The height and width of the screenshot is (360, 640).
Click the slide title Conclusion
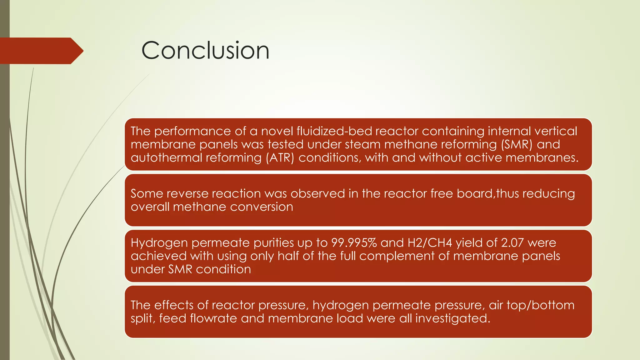205,51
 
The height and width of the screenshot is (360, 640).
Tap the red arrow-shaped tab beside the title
41,51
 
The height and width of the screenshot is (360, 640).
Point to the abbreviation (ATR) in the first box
280,157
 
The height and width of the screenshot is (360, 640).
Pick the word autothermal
166,157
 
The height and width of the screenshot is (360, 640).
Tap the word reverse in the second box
187,194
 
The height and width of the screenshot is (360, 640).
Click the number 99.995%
354,243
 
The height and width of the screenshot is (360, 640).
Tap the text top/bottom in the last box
546,305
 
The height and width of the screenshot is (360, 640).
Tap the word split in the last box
142,318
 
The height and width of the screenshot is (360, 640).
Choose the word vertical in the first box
555,131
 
